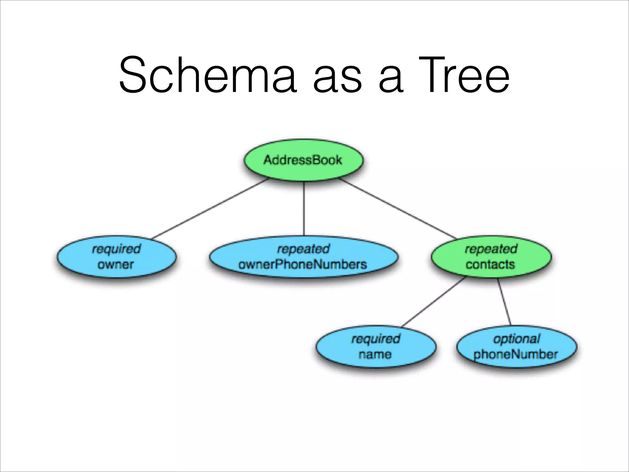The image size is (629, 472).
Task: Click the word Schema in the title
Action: (208, 75)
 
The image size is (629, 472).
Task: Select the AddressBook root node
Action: (303, 160)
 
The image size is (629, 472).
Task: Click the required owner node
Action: (116, 257)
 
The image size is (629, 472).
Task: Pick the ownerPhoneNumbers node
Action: (303, 257)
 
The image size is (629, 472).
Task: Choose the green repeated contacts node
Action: (491, 257)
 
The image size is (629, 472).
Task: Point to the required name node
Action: (376, 347)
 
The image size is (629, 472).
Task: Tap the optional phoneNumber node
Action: (516, 347)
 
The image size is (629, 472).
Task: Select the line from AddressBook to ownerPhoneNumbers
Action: (304, 209)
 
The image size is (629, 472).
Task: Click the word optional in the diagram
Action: (516, 339)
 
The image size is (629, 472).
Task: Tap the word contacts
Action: (490, 264)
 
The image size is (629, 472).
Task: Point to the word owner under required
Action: (116, 264)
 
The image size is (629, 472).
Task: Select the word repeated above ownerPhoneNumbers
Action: (303, 249)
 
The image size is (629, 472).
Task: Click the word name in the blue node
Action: (375, 354)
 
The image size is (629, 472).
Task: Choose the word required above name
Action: (376, 339)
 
